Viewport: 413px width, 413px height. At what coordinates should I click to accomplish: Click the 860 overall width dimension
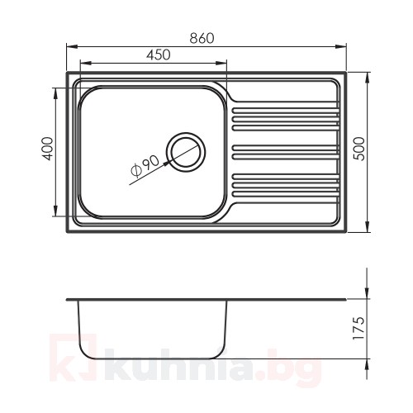tap(202, 39)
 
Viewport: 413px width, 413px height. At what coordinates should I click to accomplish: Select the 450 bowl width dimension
tap(159, 55)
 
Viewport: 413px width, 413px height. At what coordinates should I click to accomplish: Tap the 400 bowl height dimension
tap(49, 149)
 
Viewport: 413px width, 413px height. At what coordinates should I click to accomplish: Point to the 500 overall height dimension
tap(359, 149)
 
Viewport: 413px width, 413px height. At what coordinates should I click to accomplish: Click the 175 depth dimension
tap(359, 328)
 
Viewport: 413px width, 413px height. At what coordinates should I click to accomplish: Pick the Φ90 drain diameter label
tap(145, 166)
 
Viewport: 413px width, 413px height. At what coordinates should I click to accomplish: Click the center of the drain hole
tap(186, 152)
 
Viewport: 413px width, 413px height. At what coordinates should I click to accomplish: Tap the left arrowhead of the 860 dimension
tap(72, 47)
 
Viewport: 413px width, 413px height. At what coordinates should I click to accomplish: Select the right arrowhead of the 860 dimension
tap(340, 47)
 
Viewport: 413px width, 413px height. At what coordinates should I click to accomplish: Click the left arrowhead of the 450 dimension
tap(85, 63)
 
